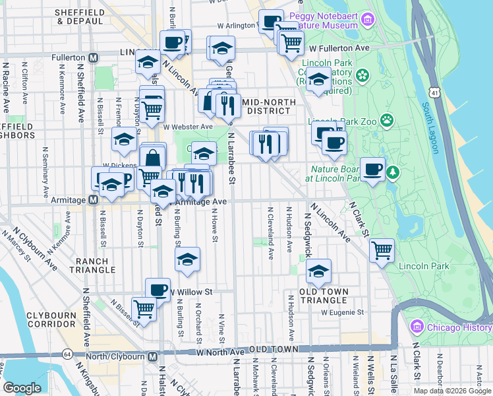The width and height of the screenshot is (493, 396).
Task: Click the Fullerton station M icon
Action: [x=94, y=58]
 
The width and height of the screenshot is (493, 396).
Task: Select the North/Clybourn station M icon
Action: [x=152, y=356]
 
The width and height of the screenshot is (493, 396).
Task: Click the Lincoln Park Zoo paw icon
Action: [x=387, y=120]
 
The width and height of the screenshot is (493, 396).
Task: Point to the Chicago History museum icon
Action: [x=417, y=327]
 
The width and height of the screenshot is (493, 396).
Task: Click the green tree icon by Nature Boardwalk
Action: [x=393, y=173]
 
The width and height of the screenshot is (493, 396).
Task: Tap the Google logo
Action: [x=22, y=388]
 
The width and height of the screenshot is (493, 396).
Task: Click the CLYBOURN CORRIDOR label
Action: [x=51, y=320]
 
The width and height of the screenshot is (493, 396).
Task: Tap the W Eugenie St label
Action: [x=343, y=312]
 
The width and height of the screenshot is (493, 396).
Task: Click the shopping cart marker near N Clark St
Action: [x=382, y=251]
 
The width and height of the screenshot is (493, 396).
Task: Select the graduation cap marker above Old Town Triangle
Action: [x=319, y=271]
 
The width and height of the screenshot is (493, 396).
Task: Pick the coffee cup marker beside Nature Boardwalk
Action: [x=373, y=169]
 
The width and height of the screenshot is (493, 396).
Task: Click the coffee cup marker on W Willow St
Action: [x=157, y=290]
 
